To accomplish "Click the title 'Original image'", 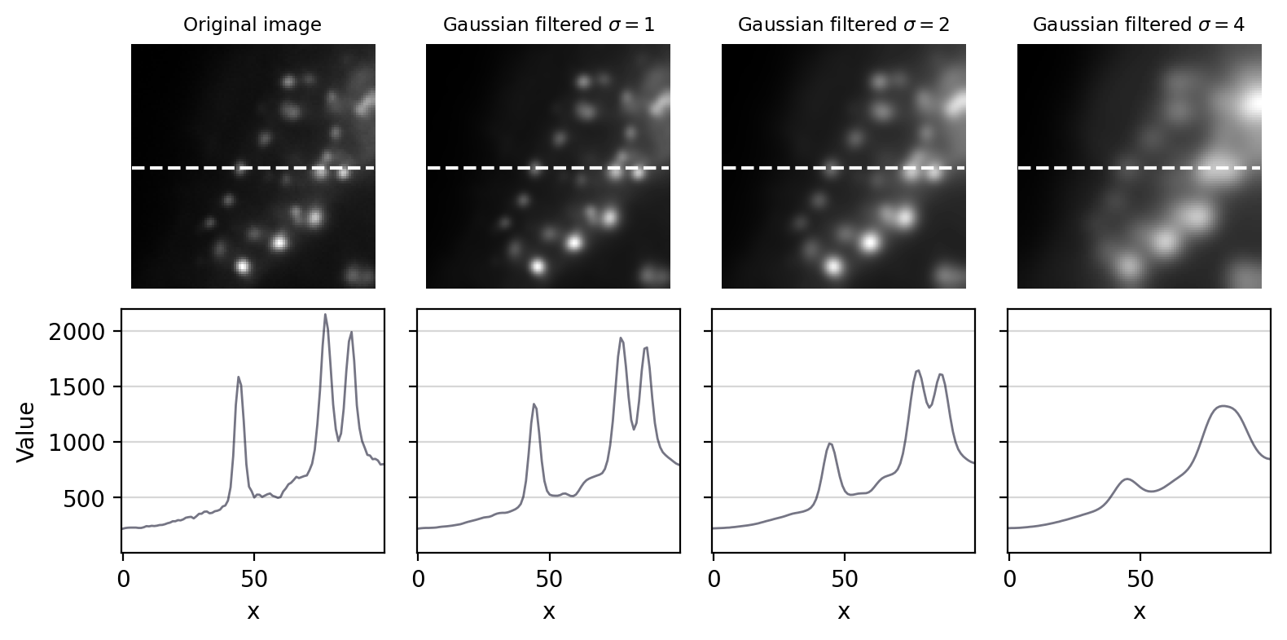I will (x=253, y=24).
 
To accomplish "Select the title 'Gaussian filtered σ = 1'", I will (x=548, y=24).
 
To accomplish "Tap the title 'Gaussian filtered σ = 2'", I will (x=843, y=24).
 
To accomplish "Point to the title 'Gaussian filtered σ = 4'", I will (x=1138, y=24).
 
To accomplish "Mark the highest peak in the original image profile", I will (x=325, y=315).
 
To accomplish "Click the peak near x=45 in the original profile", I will (x=239, y=377).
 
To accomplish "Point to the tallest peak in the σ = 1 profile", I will (x=621, y=338).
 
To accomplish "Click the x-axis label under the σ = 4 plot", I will (x=1139, y=611).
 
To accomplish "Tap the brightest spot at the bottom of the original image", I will (x=242, y=266).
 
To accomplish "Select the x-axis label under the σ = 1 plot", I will (x=548, y=611).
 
